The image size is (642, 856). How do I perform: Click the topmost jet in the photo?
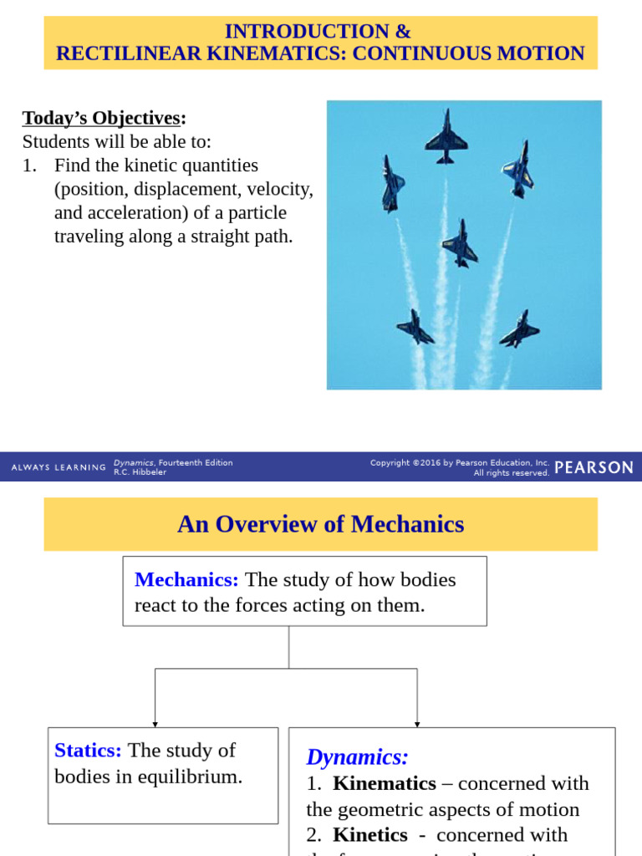coord(446,135)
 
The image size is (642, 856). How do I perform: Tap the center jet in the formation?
coord(459,243)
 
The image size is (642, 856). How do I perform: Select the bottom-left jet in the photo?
coord(415,327)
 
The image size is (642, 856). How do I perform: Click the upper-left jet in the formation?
coord(391,183)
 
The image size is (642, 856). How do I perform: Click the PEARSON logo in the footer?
coord(594,468)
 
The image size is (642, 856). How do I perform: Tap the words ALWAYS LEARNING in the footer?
coord(59,468)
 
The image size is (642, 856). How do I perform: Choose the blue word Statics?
coord(88,750)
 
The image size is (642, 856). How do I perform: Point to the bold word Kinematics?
coord(384,783)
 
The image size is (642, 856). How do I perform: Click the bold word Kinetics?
coord(369,834)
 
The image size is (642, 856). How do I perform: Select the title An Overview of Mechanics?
coord(320,524)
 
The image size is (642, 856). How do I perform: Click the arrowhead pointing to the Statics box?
coord(155,724)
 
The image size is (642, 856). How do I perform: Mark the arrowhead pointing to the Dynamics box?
coord(417,724)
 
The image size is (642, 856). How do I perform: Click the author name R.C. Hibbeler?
coord(140,472)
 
